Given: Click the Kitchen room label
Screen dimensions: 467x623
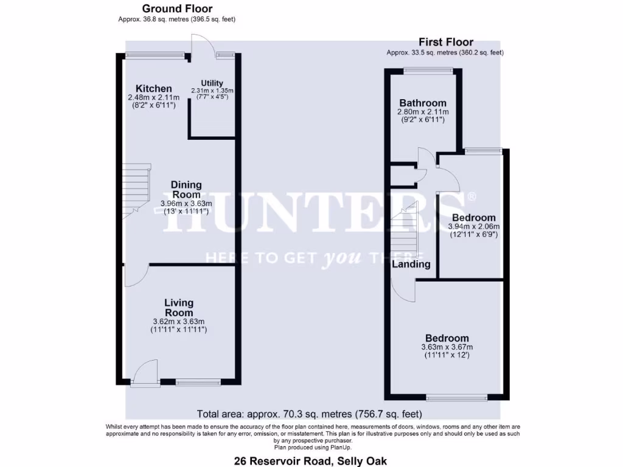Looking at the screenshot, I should [153, 89].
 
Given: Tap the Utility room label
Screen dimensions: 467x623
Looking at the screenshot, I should [212, 83].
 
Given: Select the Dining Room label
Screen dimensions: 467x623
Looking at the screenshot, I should [186, 189].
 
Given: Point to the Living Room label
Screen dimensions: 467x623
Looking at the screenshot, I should [179, 307].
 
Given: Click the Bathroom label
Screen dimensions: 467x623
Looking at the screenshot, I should [423, 103].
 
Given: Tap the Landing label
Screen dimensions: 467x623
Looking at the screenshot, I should [411, 265].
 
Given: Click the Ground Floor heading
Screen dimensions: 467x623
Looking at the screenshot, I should [177, 9].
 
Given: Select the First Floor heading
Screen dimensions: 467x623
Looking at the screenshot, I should [445, 42].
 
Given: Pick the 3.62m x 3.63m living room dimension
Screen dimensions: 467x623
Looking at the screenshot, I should [179, 322].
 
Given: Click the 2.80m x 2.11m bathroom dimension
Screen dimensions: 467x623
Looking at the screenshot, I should [423, 112].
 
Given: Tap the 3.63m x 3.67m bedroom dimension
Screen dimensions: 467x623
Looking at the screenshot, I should [447, 347].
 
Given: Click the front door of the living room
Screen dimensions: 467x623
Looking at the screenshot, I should [145, 372].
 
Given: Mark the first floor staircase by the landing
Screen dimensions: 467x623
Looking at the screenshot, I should [403, 228].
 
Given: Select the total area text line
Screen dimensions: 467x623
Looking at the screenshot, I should [310, 415].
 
